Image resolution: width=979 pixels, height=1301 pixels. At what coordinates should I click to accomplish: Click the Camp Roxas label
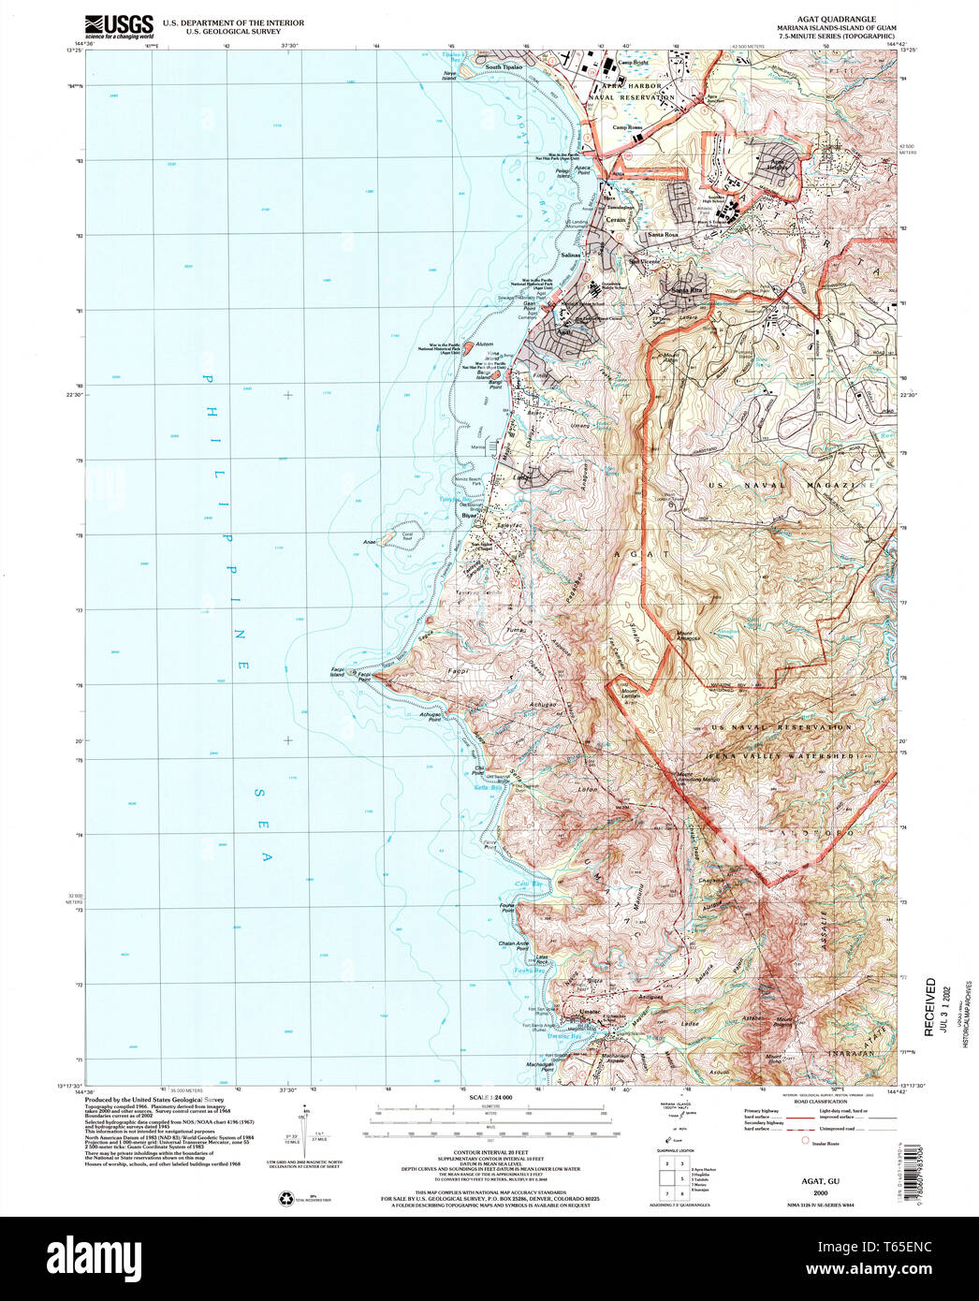coord(628,127)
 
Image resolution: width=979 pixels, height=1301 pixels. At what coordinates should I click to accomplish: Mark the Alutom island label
coord(484,344)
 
